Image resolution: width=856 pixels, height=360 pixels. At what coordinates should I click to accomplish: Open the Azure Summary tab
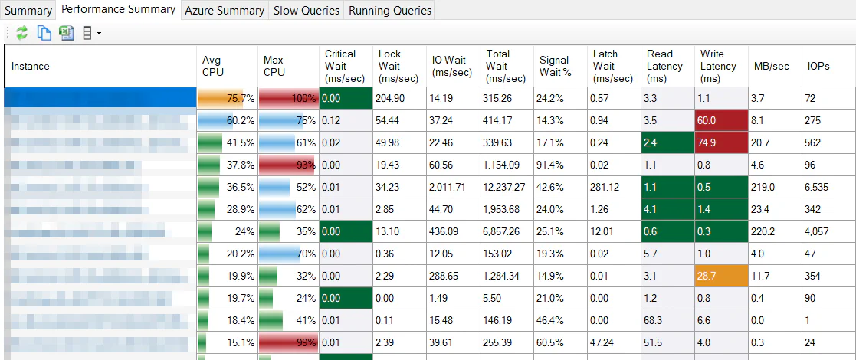click(225, 11)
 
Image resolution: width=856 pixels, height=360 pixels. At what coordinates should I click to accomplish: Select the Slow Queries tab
click(306, 11)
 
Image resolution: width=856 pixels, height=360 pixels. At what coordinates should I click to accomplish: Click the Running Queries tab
click(389, 11)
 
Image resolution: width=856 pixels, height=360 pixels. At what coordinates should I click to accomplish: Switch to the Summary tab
click(28, 11)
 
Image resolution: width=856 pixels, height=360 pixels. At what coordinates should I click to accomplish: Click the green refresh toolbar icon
click(22, 33)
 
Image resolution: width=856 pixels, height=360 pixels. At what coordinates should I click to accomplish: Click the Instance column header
click(31, 67)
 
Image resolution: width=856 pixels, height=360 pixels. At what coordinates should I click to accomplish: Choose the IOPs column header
click(818, 67)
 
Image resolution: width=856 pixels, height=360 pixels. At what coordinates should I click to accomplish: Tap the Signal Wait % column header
click(554, 67)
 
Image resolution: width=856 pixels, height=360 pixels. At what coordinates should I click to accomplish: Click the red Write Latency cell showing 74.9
click(720, 143)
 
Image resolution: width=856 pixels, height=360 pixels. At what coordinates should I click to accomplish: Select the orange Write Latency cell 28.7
click(720, 276)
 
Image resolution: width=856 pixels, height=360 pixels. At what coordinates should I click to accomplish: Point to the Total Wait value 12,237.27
click(506, 188)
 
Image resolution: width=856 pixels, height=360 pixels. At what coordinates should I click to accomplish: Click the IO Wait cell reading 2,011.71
click(453, 188)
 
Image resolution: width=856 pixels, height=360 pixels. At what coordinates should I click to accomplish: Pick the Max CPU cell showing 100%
click(288, 99)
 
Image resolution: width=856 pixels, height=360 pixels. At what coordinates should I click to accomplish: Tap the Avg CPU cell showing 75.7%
click(227, 99)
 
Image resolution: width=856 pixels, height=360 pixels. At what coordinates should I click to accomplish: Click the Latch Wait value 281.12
click(613, 188)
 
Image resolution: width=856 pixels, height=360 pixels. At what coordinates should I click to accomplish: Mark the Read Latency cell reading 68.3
click(667, 320)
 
